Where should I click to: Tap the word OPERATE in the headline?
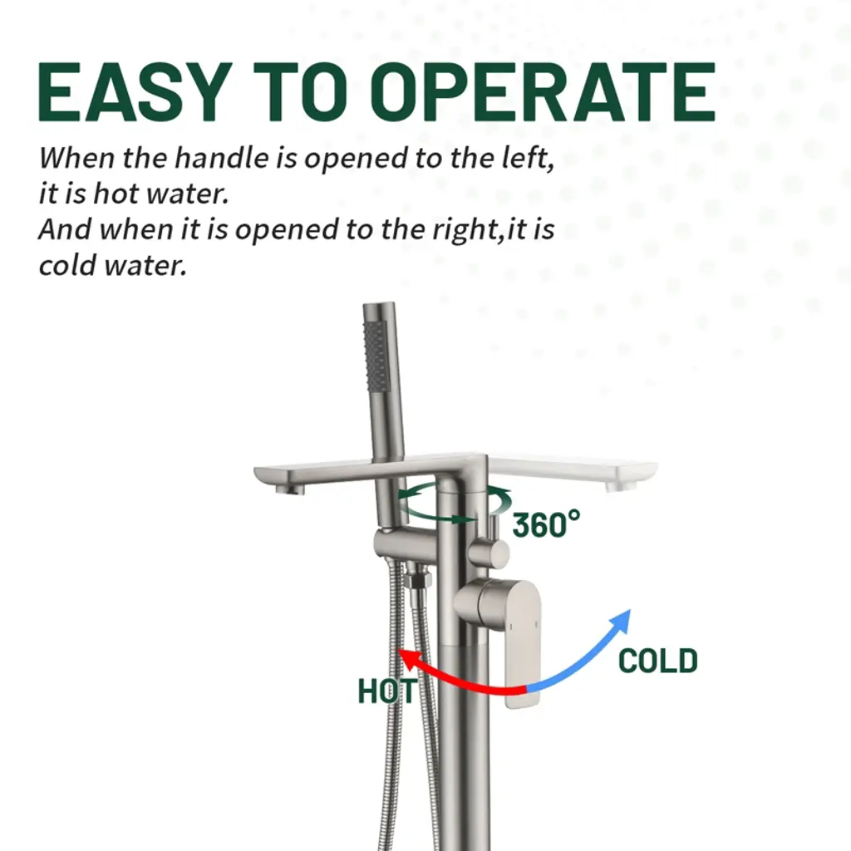pos(544,91)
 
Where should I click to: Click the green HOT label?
pos(387,691)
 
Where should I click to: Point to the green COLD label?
pos(658,661)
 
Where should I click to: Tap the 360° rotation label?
pos(546,524)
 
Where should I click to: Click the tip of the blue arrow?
pos(630,611)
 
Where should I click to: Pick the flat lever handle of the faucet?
pos(520,643)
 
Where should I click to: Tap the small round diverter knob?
pos(489,553)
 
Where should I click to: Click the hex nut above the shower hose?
pos(417,580)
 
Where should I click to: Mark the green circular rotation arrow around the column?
pos(455,502)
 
